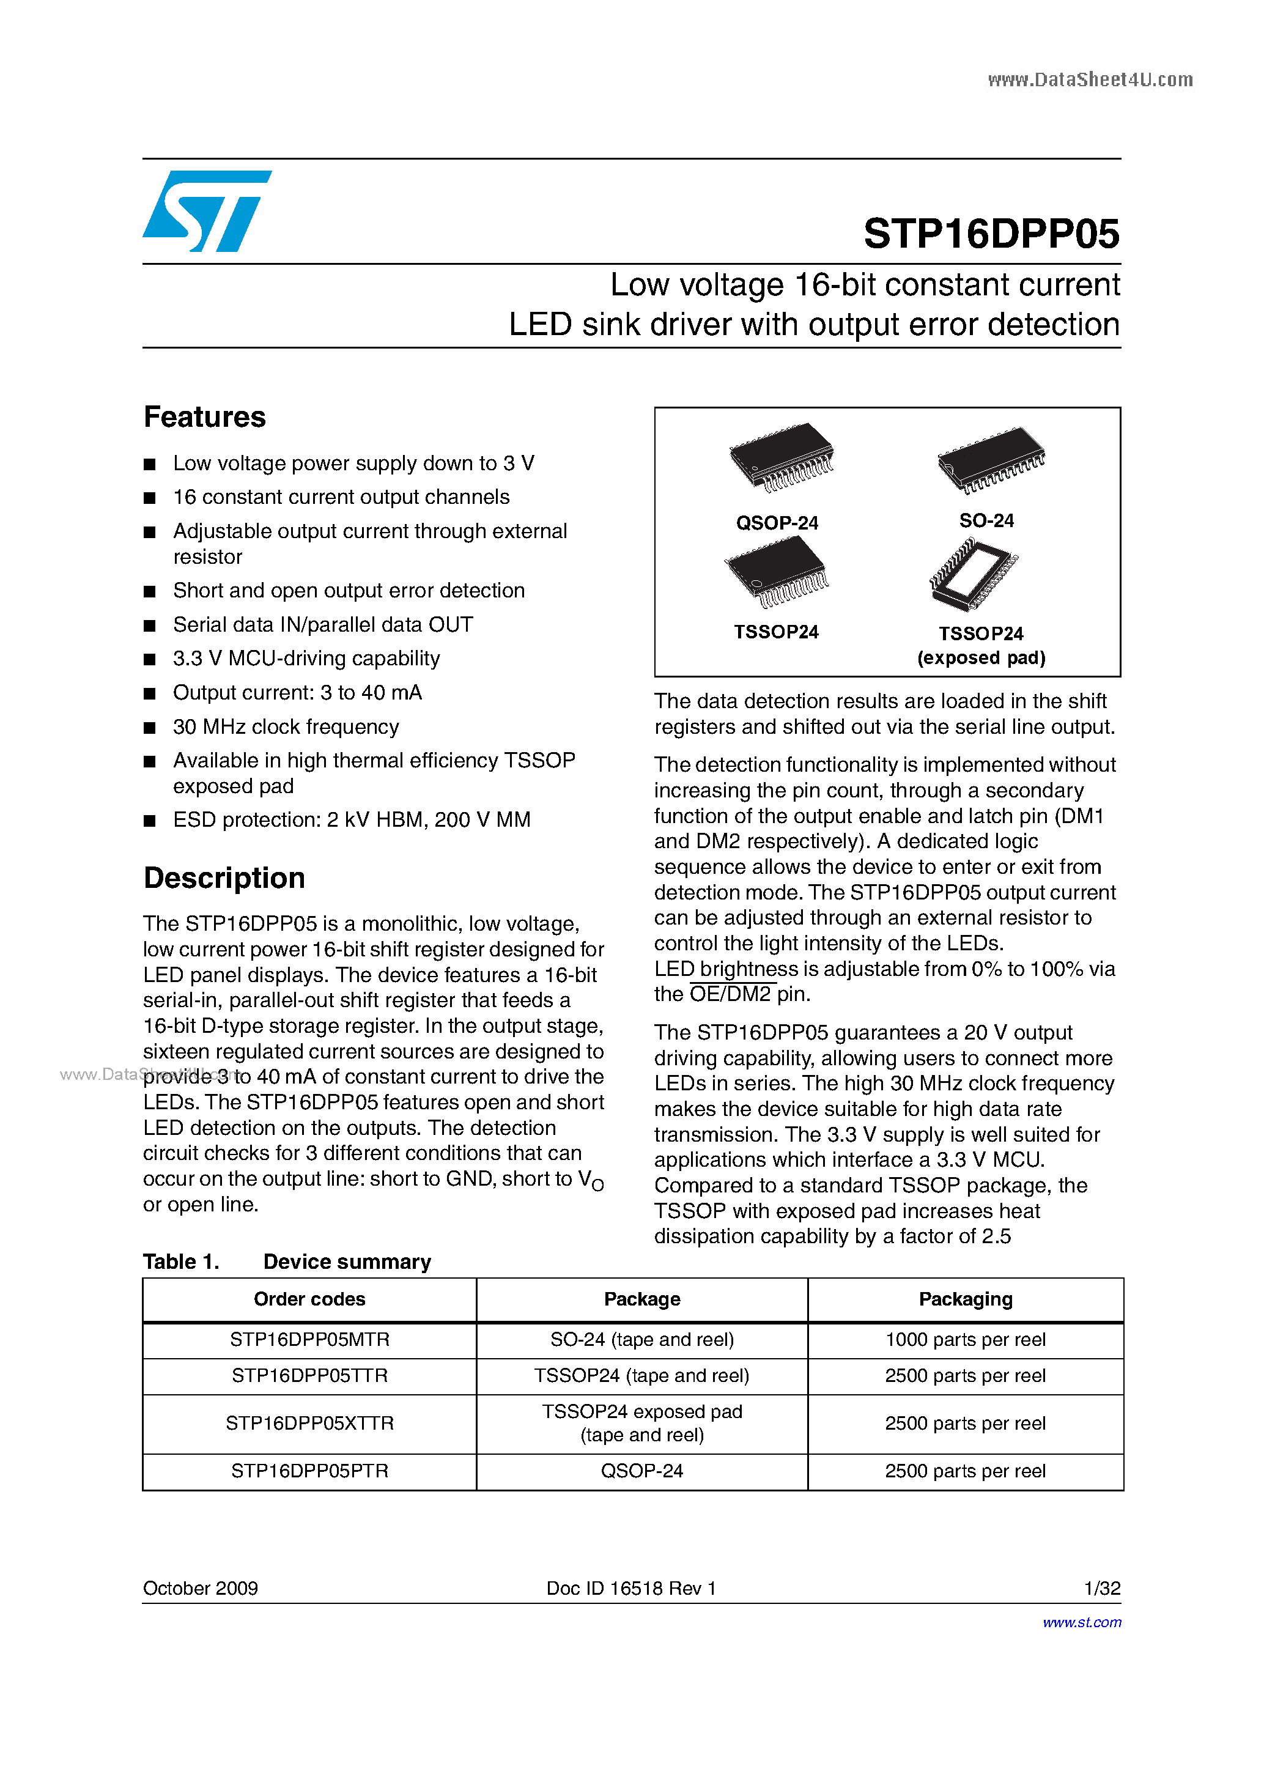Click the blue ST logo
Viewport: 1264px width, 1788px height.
[x=206, y=211]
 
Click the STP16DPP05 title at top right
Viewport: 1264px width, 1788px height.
[x=991, y=234]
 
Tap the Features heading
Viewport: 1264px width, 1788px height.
[x=205, y=418]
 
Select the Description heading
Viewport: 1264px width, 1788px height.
[x=224, y=877]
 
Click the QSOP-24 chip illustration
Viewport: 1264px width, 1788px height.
[x=781, y=457]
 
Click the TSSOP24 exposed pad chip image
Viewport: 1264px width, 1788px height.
[x=974, y=575]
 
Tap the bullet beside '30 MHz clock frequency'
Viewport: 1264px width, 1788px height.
[x=150, y=727]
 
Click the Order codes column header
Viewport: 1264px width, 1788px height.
[x=309, y=1299]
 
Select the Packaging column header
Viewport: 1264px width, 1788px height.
[x=965, y=1299]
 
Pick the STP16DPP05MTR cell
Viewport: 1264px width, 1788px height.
[x=309, y=1339]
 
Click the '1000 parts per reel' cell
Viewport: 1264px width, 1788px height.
[x=965, y=1339]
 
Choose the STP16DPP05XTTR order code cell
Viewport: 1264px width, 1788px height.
[x=309, y=1423]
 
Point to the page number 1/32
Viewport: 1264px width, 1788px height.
[x=1101, y=1588]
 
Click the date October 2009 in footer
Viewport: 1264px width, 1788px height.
[x=200, y=1588]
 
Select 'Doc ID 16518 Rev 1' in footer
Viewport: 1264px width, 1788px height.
[x=631, y=1588]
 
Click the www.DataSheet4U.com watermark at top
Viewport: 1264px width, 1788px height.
[x=1090, y=79]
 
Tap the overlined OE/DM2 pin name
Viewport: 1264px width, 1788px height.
[x=731, y=994]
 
